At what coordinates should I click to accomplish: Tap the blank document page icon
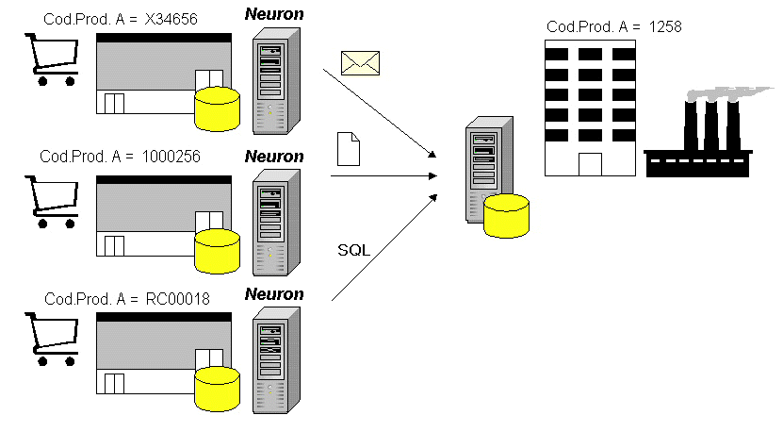[349, 150]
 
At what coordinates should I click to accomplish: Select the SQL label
[353, 250]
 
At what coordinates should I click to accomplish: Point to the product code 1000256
[171, 157]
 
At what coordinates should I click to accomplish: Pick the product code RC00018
[175, 299]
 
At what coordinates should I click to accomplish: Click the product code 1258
[665, 27]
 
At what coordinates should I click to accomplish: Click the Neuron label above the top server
[274, 14]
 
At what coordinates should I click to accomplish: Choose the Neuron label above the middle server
[274, 156]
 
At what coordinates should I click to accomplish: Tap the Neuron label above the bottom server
[274, 294]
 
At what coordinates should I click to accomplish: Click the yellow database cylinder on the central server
[507, 214]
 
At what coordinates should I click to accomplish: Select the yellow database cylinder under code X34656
[217, 108]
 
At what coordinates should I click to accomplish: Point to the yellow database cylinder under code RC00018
[217, 388]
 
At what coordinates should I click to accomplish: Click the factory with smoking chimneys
[697, 151]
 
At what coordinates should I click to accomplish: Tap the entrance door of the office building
[590, 164]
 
